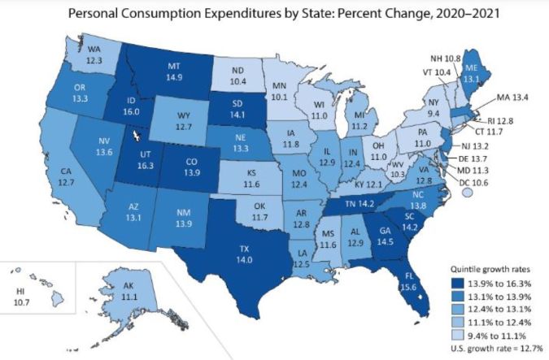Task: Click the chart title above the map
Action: point(273,15)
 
